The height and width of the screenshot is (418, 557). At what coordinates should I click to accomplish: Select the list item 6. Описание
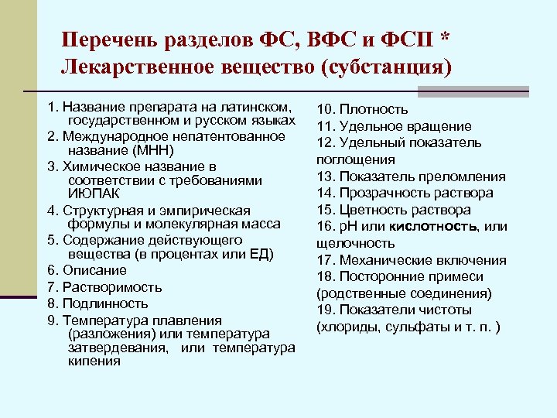[x=85, y=270]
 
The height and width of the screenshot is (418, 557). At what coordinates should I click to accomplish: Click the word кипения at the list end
[x=90, y=362]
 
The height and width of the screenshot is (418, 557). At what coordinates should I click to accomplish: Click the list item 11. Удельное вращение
[x=395, y=126]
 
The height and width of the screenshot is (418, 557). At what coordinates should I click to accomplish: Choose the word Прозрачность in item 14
[x=379, y=193]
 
